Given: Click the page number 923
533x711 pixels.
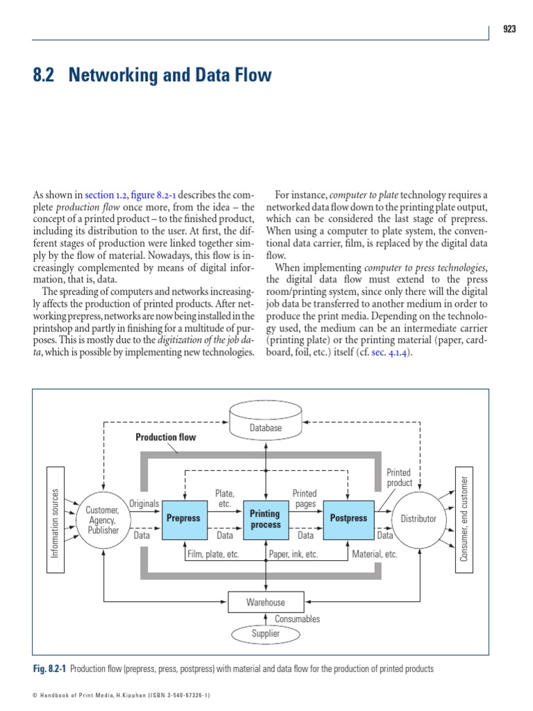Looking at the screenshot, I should [509, 29].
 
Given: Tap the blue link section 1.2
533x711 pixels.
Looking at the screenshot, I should [106, 194].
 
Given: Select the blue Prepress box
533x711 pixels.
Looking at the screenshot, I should [183, 518].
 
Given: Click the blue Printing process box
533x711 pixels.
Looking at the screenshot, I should [266, 519].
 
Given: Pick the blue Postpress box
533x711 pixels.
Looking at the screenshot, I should [348, 518].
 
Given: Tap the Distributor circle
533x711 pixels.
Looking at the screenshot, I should [418, 519].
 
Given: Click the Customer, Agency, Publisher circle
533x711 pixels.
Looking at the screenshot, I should [103, 519].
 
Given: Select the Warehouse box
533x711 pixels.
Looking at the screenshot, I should [265, 602].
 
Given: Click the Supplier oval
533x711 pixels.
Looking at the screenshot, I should [265, 633].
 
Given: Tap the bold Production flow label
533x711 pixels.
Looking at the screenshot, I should [165, 437].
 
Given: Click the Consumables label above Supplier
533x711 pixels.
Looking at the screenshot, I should [297, 619].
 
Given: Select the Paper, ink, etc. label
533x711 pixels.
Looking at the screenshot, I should [294, 554].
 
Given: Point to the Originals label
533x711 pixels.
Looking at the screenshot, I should [144, 503].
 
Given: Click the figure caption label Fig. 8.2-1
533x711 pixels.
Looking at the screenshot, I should [49, 669].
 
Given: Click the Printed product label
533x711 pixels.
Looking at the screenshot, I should [399, 477].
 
